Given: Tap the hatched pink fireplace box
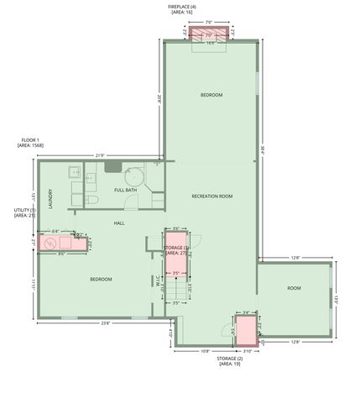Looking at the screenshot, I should pos(206,34).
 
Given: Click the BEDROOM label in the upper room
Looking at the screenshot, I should pos(211,95).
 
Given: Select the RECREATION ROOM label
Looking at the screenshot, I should pos(211,196).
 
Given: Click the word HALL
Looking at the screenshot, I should pos(119,222).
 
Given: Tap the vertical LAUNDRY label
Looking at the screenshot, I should pos(51,196).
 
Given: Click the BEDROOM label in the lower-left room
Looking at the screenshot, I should pos(101,279).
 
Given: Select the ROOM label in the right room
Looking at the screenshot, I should pos(294,288).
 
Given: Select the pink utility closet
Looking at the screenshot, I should pos(60,244).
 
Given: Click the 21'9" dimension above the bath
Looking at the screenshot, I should pos(100,155).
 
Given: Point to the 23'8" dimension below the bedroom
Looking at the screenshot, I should pos(105,322).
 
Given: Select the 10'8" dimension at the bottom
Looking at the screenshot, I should pos(206,350).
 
